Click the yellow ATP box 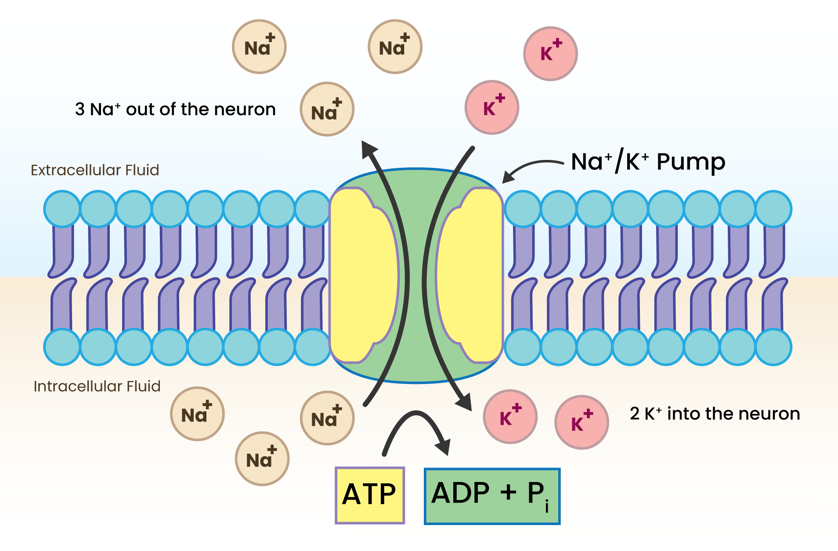(x=369, y=495)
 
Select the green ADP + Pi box (x=492, y=496)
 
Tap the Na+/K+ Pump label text (x=647, y=162)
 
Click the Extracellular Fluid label (x=95, y=170)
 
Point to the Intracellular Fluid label (x=97, y=386)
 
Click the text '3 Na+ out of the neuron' (x=175, y=109)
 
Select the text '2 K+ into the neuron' (x=715, y=414)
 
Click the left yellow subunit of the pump (x=362, y=276)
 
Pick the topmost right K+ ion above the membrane (x=550, y=54)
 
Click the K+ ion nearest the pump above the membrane (x=492, y=107)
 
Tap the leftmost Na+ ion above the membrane (x=259, y=47)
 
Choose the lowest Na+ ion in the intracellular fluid (x=262, y=459)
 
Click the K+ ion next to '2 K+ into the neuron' (x=582, y=422)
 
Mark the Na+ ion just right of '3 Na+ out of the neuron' (x=327, y=109)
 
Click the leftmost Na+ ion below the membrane (x=197, y=413)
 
